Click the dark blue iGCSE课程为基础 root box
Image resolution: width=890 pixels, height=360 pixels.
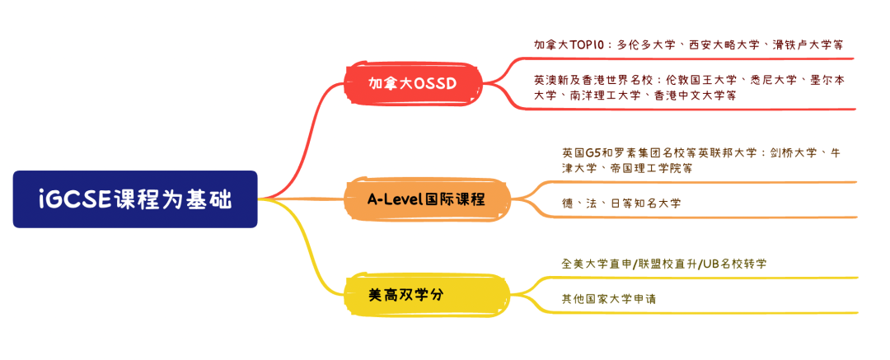(135, 199)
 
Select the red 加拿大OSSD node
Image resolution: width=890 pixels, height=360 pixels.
(412, 83)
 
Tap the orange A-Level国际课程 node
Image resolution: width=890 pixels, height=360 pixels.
(426, 199)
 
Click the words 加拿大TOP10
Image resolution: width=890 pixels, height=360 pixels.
(569, 44)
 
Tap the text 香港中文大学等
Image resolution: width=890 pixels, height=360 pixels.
(696, 96)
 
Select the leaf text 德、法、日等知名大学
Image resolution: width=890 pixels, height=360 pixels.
(621, 203)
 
